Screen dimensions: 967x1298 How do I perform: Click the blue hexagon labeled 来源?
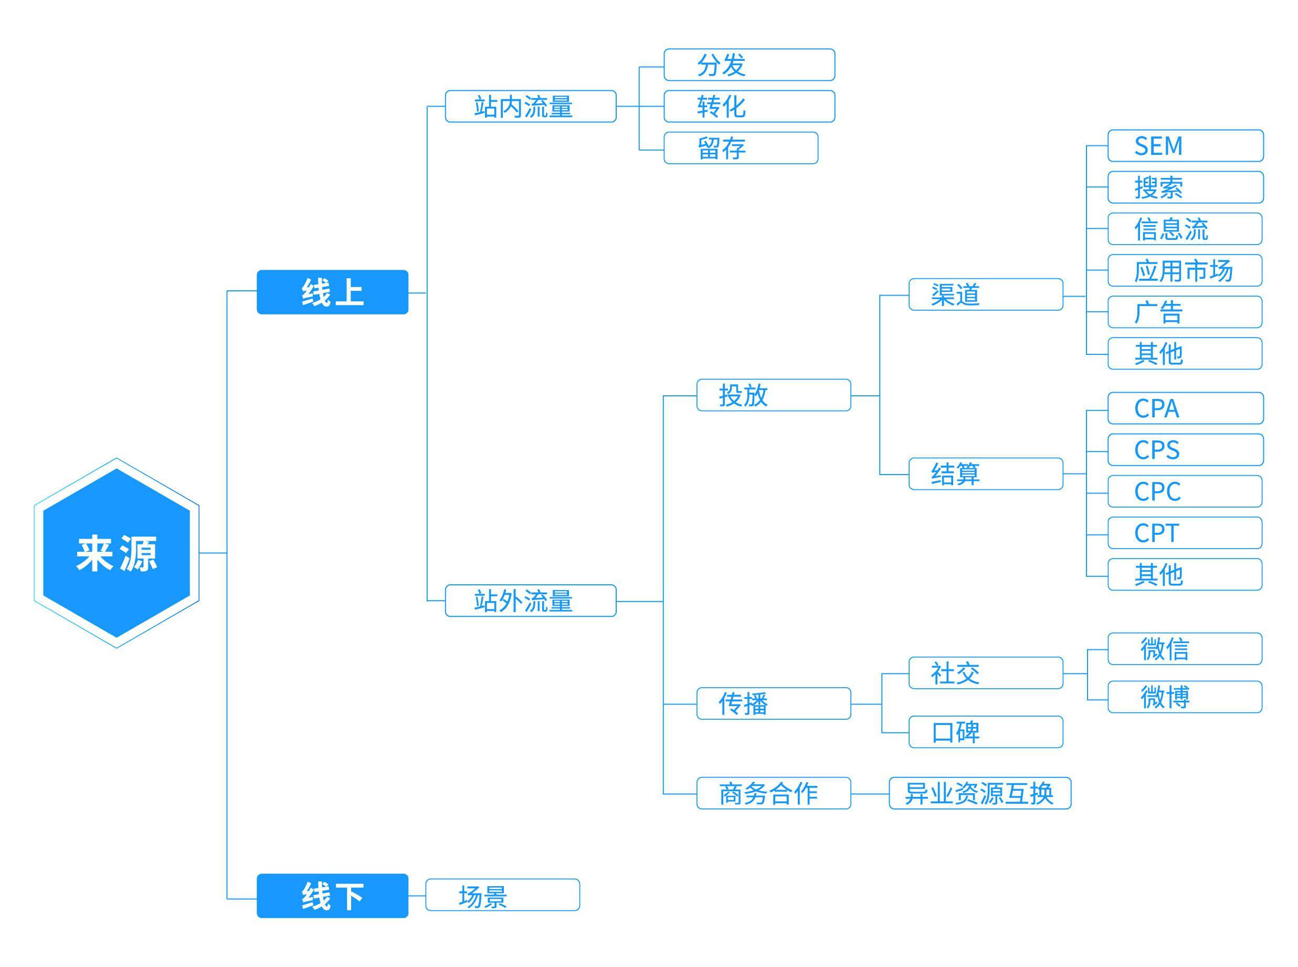tap(117, 553)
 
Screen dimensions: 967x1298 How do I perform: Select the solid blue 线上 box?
tap(332, 292)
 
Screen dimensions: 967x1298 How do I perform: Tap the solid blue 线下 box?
tap(332, 896)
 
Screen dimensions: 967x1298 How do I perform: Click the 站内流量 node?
tap(530, 107)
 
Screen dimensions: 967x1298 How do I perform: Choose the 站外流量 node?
tap(530, 601)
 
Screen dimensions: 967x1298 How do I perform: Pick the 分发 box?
tap(748, 65)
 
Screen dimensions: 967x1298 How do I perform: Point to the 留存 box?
tap(740, 148)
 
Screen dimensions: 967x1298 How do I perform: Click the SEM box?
tap(1185, 146)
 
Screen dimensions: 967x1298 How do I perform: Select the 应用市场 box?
tap(1185, 270)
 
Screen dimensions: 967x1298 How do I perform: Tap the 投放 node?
tap(773, 395)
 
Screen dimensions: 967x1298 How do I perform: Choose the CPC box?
tap(1185, 491)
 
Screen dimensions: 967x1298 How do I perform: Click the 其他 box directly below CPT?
tap(1185, 574)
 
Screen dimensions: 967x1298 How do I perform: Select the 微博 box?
tap(1185, 697)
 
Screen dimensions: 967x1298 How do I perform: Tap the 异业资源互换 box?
tap(979, 793)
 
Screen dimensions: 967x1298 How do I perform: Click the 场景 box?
tap(502, 895)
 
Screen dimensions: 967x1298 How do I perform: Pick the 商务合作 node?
tap(773, 793)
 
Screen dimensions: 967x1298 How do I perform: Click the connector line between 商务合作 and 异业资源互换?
tap(870, 794)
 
